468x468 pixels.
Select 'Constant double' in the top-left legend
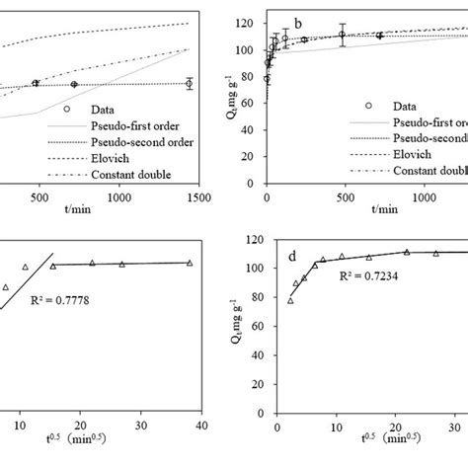(x=129, y=175)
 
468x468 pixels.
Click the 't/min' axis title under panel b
(x=386, y=209)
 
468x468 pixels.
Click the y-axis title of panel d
(x=237, y=326)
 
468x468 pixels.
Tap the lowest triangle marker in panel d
(x=290, y=301)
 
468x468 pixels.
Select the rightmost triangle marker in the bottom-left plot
(x=190, y=263)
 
